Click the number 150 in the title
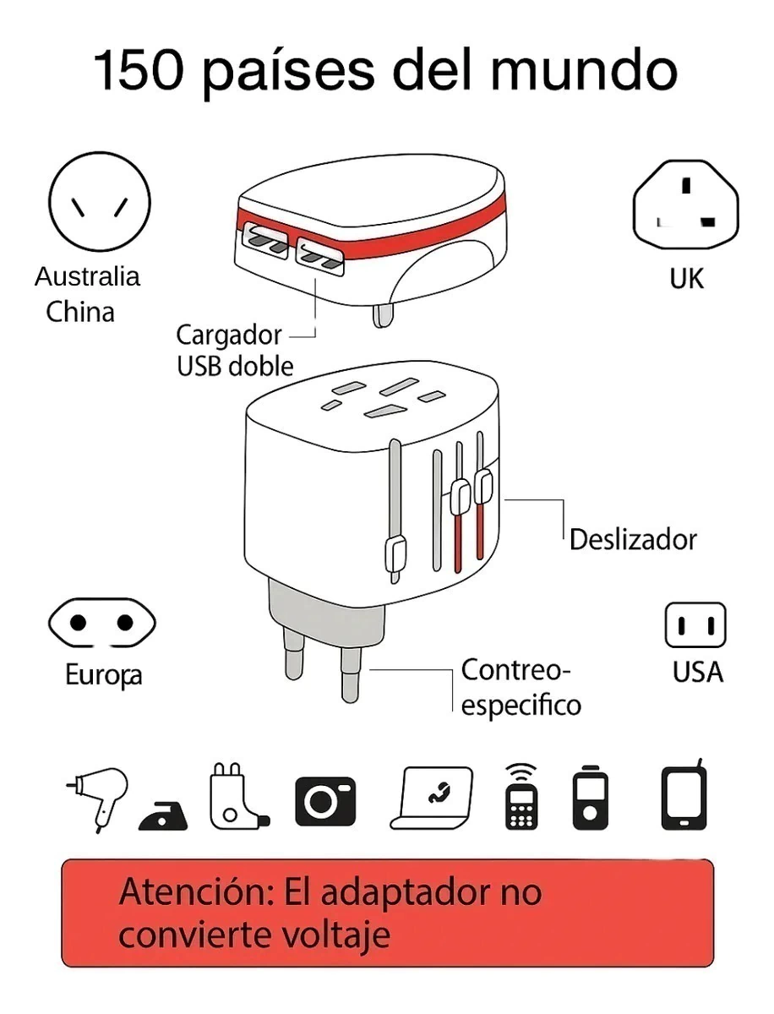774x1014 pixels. click(139, 71)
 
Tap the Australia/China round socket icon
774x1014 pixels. click(100, 202)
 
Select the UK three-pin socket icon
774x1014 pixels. click(685, 204)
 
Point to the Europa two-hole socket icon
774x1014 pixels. click(102, 623)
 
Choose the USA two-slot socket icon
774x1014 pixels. click(695, 625)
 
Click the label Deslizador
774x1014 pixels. click(633, 540)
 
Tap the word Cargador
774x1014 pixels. click(229, 336)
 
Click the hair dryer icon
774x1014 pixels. click(98, 799)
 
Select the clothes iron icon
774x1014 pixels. click(163, 816)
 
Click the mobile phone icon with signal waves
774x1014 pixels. click(521, 797)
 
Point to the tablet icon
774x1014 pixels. click(684, 796)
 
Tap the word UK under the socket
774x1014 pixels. click(687, 279)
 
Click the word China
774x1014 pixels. click(80, 312)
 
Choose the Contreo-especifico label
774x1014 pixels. click(521, 688)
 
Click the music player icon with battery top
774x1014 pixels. click(590, 798)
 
